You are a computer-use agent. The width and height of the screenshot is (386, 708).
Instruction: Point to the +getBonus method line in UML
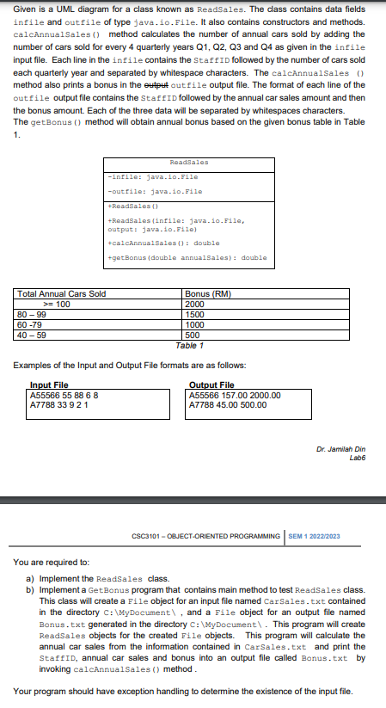point(187,256)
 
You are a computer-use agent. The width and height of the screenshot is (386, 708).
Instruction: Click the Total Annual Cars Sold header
point(61,294)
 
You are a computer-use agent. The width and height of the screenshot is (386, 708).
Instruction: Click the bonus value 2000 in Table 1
point(196,304)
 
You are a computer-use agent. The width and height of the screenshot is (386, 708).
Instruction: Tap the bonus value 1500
point(196,314)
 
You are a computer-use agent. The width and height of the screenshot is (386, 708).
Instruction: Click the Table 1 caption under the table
point(188,344)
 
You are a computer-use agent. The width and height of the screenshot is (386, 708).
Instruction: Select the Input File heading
point(49,385)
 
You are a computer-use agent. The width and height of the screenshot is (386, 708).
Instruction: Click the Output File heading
point(211,385)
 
